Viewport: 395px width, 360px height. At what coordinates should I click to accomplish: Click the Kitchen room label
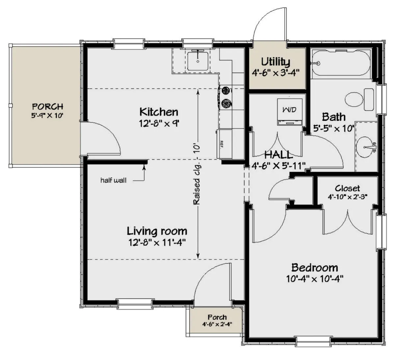[x=159, y=112]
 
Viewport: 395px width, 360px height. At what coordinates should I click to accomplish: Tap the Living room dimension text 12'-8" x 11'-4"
[x=157, y=242]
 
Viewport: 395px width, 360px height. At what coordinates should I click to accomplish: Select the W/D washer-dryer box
[x=290, y=112]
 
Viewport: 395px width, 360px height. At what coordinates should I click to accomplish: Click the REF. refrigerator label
[x=221, y=144]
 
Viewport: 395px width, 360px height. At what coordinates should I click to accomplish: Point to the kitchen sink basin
[x=198, y=61]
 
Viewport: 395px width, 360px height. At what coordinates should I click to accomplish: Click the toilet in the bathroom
[x=359, y=100]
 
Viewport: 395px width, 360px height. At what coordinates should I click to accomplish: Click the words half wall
[x=114, y=180]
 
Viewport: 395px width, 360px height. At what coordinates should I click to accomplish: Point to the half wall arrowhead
[x=144, y=167]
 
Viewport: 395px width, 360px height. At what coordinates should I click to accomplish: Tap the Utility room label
[x=276, y=62]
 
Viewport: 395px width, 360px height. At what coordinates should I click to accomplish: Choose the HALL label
[x=278, y=155]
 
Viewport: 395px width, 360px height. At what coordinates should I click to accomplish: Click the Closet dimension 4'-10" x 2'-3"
[x=348, y=197]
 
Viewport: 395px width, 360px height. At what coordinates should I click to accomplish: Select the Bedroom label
[x=315, y=268]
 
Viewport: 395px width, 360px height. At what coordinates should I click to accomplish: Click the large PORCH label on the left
[x=47, y=107]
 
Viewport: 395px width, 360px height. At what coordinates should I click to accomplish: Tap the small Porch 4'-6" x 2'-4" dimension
[x=217, y=324]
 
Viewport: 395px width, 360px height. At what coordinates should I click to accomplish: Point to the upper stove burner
[x=226, y=91]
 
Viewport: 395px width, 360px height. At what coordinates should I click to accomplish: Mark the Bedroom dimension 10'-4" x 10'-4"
[x=315, y=279]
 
